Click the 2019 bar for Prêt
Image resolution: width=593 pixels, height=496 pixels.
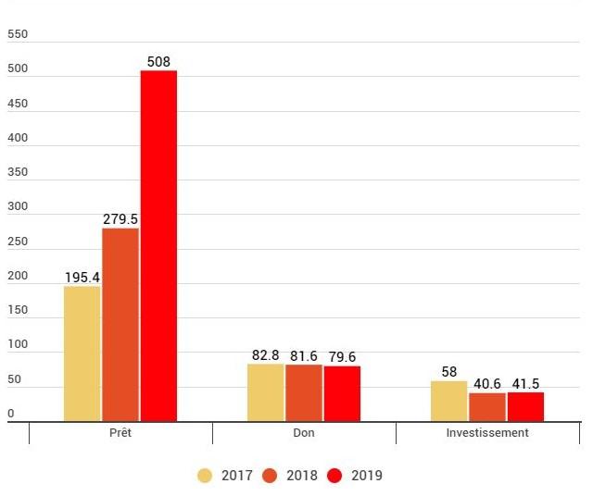tap(158, 246)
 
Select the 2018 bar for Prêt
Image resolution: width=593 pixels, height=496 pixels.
tap(120, 325)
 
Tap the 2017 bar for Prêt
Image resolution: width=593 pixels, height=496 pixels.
tap(82, 353)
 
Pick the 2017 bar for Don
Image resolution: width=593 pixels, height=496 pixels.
tap(265, 392)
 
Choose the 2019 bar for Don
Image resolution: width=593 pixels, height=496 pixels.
tap(342, 393)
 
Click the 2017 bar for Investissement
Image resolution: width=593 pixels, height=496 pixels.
tap(448, 401)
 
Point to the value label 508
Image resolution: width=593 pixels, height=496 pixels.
tap(158, 62)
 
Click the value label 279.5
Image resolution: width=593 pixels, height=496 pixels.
tap(120, 219)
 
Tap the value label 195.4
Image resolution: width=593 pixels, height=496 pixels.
tap(82, 278)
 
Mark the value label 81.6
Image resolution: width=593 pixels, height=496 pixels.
tap(304, 356)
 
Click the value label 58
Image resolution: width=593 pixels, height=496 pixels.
tap(448, 372)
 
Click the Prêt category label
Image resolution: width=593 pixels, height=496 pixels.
tap(120, 433)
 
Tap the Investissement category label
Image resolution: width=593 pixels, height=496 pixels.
tap(487, 433)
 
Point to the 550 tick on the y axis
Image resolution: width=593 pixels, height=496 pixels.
tap(18, 34)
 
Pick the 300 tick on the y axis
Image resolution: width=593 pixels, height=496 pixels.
tap(18, 207)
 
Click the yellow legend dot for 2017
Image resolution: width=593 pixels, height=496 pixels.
tap(205, 476)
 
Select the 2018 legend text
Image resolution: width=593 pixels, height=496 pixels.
tap(302, 476)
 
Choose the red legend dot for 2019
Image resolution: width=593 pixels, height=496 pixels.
tap(335, 476)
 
